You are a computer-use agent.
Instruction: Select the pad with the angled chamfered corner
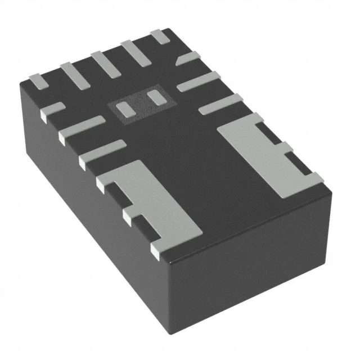(x=189, y=59)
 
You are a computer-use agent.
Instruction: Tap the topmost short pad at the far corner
(x=160, y=37)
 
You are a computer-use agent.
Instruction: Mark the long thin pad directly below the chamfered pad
(x=198, y=82)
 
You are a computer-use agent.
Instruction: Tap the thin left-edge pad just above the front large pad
(x=101, y=154)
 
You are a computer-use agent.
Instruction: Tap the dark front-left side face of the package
(x=84, y=214)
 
